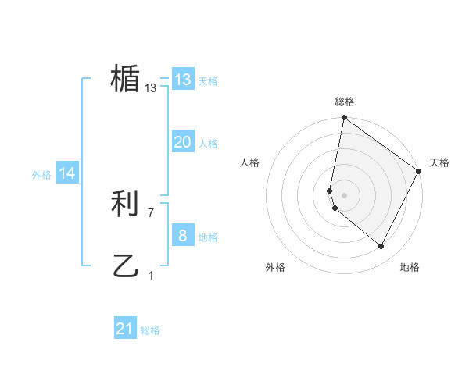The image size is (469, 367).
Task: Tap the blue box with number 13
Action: point(182,80)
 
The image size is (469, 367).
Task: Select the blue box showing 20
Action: point(182,142)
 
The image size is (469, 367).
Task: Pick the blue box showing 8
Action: point(182,236)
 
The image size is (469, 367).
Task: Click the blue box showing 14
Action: point(67,173)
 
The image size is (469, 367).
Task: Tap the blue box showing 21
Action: point(124,329)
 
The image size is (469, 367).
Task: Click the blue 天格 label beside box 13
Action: point(208,81)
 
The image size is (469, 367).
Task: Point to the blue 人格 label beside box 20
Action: point(208,144)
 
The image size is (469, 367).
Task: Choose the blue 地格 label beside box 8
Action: point(208,237)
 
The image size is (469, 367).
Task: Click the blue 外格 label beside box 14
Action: point(41,175)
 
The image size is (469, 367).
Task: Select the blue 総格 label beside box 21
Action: point(150,330)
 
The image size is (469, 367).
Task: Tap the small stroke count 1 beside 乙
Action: point(151,274)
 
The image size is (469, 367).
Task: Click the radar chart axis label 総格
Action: point(344,102)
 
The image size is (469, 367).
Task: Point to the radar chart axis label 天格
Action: point(439,162)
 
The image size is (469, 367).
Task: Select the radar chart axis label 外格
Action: point(275,267)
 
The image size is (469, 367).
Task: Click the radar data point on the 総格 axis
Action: point(344,119)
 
